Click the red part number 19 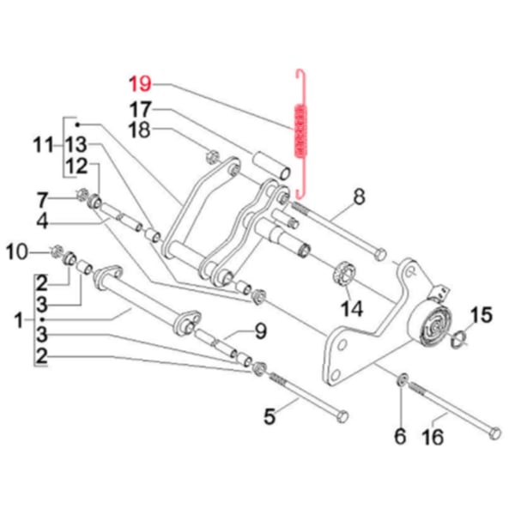pyautogui.click(x=140, y=84)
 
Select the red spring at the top pyautogui.click(x=300, y=129)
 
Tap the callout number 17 pyautogui.click(x=140, y=109)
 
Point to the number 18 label pyautogui.click(x=140, y=130)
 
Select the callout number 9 pyautogui.click(x=260, y=330)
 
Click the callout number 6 pyautogui.click(x=399, y=437)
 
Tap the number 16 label pyautogui.click(x=434, y=438)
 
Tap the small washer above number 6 pyautogui.click(x=402, y=379)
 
